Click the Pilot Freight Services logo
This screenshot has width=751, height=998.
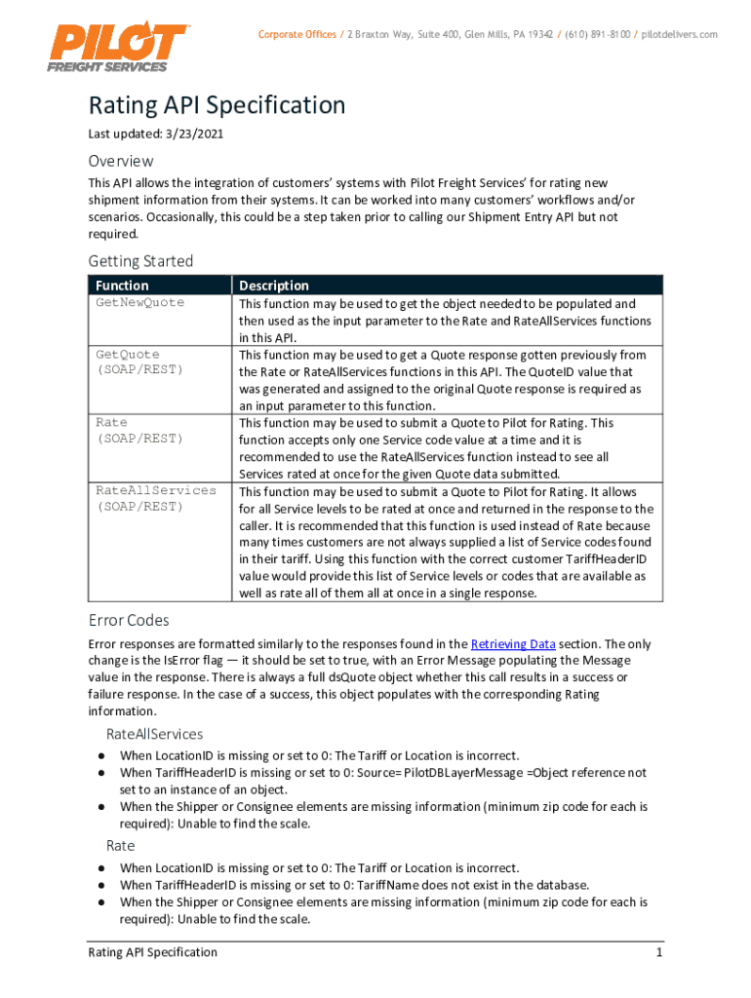116,46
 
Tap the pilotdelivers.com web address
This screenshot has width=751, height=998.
680,34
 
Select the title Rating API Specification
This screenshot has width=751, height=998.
217,105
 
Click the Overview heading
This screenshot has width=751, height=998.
121,161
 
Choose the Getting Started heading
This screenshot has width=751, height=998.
140,261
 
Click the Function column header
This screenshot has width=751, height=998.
122,286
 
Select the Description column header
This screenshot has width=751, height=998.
274,286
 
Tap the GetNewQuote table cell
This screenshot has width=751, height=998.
139,303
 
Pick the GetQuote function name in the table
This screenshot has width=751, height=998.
128,355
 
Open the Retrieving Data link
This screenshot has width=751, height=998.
513,644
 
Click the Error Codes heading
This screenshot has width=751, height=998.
129,620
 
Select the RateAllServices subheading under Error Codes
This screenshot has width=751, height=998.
154,734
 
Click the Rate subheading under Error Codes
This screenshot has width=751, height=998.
121,846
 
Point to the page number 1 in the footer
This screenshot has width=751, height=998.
659,952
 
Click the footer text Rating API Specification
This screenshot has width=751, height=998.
152,952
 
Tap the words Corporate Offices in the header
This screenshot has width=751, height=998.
296,34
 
